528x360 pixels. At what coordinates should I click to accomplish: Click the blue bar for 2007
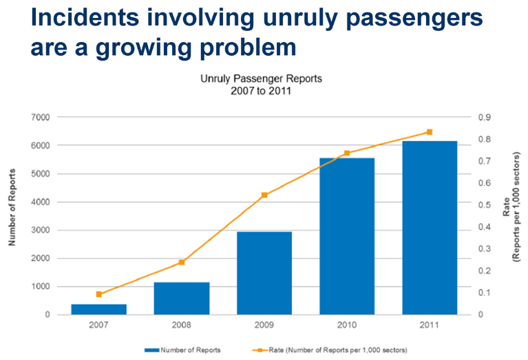point(98,309)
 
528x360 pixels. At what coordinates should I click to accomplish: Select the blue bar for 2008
point(182,298)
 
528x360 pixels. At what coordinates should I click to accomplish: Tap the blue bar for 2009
point(264,273)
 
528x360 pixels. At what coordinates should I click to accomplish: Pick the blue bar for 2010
point(347,236)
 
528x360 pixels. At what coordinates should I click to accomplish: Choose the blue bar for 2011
point(430,228)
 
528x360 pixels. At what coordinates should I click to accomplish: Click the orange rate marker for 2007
point(98,295)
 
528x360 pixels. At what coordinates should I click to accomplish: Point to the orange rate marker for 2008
point(182,262)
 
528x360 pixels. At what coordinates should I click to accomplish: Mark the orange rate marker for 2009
point(264,195)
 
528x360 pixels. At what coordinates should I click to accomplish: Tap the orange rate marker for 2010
point(347,153)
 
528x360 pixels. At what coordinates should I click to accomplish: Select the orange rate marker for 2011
point(430,132)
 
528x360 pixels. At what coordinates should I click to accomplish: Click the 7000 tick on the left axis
point(41,118)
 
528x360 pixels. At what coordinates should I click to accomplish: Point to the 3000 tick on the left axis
point(41,231)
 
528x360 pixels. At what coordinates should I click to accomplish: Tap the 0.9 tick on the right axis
point(484,118)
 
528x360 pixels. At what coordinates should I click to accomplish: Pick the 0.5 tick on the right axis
point(484,205)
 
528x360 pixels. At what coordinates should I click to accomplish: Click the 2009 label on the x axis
point(264,325)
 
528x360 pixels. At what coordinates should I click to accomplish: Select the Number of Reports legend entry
point(182,350)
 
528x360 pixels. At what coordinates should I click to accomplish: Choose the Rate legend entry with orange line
point(330,350)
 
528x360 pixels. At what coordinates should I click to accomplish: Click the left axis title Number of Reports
point(12,207)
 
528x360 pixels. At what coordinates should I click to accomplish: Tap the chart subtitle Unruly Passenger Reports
point(261,78)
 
